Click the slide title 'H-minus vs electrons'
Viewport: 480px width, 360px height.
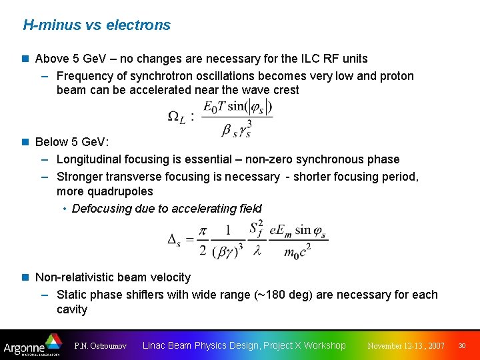click(x=97, y=25)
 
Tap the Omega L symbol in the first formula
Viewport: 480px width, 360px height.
click(x=177, y=117)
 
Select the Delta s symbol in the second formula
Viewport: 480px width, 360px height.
click(x=177, y=239)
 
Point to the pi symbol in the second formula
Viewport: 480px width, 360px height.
click(x=203, y=230)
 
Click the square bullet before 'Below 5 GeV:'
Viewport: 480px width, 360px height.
click(x=26, y=142)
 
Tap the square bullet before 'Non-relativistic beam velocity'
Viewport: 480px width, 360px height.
click(x=26, y=277)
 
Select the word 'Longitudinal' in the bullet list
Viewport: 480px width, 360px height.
click(x=90, y=159)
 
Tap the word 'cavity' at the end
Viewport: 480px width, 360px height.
click(x=72, y=309)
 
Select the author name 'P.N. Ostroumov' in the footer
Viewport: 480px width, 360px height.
click(x=100, y=346)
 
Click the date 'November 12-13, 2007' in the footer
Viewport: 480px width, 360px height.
click(x=406, y=346)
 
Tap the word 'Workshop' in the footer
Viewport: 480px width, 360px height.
click(x=325, y=345)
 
